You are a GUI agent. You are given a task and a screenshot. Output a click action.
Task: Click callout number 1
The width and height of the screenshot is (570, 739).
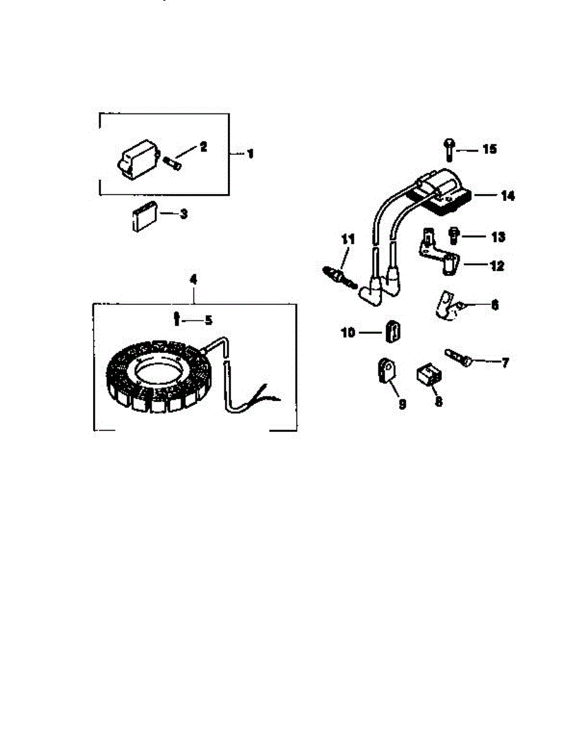250,153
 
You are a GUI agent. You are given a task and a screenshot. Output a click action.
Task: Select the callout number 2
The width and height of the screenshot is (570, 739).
203,147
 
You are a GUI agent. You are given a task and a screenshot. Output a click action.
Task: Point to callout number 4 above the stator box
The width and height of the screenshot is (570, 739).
193,280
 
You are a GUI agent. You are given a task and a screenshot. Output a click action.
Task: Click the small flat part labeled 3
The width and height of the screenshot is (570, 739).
143,218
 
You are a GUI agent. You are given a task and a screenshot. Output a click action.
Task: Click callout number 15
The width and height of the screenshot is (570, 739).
489,150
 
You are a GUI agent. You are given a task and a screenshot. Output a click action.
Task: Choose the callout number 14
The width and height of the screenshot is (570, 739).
508,196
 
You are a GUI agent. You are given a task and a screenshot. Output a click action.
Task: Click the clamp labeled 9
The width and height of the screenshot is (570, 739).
386,373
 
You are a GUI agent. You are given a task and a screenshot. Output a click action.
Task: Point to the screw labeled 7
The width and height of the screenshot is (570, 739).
460,357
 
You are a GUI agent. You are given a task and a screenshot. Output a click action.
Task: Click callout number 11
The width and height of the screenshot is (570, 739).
348,240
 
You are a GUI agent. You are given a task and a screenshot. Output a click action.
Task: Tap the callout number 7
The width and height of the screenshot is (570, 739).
505,364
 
